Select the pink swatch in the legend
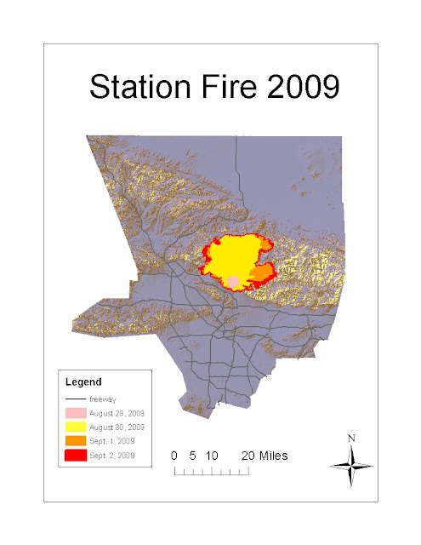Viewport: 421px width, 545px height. coord(76,412)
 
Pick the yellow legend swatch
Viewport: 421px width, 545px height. coord(76,427)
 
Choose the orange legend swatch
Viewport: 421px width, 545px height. coord(76,441)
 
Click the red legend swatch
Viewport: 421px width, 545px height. coord(76,456)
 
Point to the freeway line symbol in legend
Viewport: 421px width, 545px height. coord(76,399)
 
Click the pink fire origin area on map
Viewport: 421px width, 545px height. coord(233,281)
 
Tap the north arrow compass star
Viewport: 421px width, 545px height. coord(351,465)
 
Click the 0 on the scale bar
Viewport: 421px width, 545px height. coord(174,456)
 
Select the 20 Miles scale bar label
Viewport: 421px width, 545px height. coord(264,456)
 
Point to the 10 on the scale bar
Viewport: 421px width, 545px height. coord(213,456)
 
